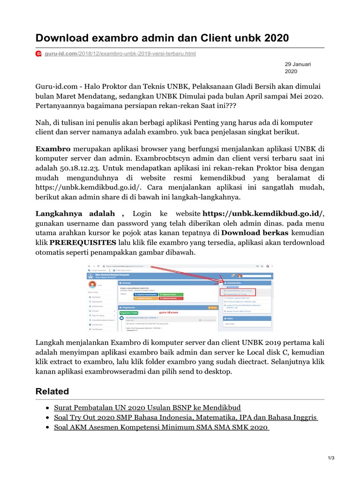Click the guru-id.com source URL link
(120, 54)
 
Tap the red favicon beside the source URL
(39, 54)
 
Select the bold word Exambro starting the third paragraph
(53, 149)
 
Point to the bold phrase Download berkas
(255, 232)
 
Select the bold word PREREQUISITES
(82, 242)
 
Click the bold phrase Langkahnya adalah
(80, 213)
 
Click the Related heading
(52, 391)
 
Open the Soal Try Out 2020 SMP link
(186, 417)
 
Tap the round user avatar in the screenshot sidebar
(92, 285)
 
